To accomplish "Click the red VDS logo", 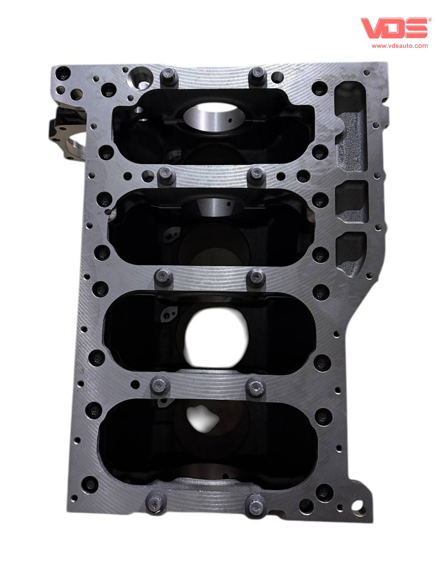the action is [x=394, y=28].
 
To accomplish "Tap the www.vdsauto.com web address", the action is [x=400, y=46].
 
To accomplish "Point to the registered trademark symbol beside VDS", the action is [x=430, y=20].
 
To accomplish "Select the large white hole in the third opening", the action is [x=216, y=337].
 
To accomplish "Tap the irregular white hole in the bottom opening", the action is [x=202, y=418].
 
